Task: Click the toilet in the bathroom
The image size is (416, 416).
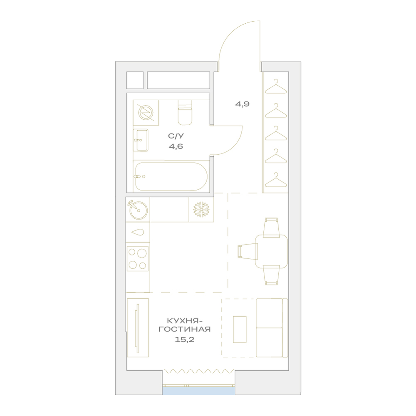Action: (x=185, y=112)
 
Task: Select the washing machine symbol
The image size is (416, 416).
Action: (x=146, y=112)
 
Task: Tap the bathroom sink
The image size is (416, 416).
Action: (x=141, y=140)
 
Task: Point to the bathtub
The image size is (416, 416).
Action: (x=171, y=176)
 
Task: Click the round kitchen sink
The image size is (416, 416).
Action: (x=138, y=210)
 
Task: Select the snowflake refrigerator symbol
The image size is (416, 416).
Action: (x=201, y=209)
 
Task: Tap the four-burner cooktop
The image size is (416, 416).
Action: (x=138, y=259)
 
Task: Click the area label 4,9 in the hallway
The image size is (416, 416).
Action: (x=242, y=104)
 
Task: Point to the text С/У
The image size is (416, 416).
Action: (x=176, y=136)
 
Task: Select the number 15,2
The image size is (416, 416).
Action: (x=185, y=339)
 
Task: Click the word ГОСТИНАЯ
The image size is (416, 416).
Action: (x=185, y=329)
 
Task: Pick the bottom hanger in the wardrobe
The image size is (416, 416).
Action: (x=276, y=180)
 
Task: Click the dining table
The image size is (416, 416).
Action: (x=271, y=251)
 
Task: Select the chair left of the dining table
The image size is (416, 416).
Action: (x=248, y=251)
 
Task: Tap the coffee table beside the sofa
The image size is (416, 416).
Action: (x=240, y=329)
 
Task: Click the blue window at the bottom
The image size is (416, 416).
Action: (x=198, y=391)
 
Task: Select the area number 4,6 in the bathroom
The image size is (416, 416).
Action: (x=176, y=146)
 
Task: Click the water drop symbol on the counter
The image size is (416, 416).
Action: (x=138, y=232)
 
